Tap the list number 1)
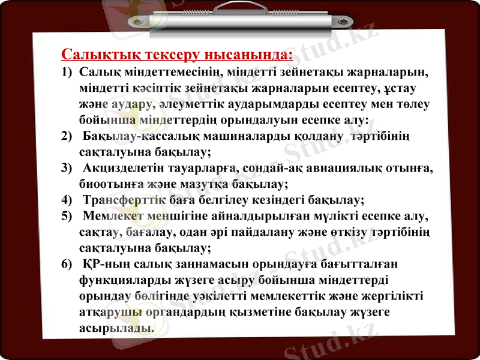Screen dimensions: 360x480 pos(67,73)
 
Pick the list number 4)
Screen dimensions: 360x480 pos(67,199)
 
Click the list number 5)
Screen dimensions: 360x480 pos(67,215)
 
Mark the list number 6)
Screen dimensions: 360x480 pos(67,263)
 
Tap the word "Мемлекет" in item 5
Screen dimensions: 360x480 pos(113,215)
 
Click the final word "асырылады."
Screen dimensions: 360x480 pos(116,328)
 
